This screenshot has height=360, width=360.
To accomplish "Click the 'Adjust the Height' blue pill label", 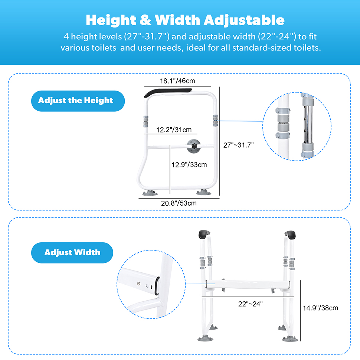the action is tap(78, 101).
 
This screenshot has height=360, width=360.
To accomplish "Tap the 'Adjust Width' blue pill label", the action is tap(72, 252).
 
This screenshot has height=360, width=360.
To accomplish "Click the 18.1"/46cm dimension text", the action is tap(177, 81).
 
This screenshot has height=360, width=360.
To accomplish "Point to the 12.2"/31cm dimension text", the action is tap(174, 130).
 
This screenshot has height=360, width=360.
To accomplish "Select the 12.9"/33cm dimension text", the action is tap(189, 165).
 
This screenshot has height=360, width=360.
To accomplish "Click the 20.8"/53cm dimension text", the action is tap(179, 203).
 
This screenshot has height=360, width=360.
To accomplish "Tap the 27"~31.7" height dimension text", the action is tap(239, 145).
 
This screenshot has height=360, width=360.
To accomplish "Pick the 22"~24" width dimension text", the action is tap(251, 304).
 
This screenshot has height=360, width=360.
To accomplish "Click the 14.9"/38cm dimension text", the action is tap(320, 308).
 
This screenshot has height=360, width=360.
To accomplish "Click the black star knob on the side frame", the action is tap(194, 146).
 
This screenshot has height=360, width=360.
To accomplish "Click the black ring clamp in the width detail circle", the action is tap(157, 286).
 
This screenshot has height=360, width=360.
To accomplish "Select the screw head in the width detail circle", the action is tap(139, 284).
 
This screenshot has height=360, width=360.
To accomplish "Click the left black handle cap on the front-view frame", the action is tap(203, 235).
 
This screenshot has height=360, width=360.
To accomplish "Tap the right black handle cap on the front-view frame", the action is tap(290, 235).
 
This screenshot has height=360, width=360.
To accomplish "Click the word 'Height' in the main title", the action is tap(111, 20).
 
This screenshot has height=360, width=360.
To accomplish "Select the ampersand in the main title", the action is tap(145, 20).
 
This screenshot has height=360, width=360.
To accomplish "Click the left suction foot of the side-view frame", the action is tap(150, 193).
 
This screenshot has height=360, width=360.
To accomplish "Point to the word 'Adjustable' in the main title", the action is tap(244, 20).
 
